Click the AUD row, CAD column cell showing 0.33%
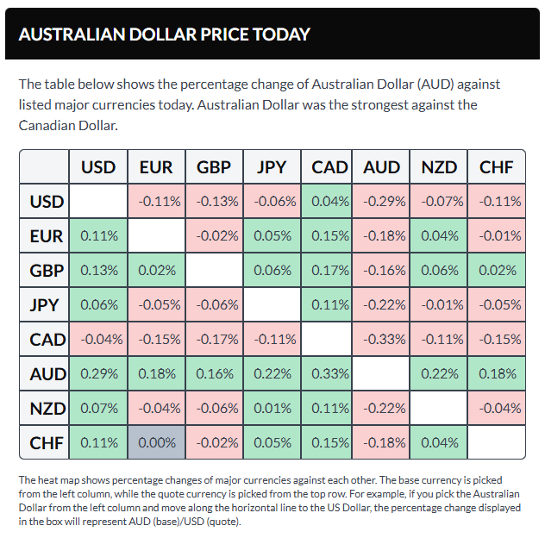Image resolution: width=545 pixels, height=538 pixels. [x=329, y=373]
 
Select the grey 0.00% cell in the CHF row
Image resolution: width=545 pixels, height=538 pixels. [x=156, y=442]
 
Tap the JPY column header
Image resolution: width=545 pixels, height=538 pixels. [x=272, y=166]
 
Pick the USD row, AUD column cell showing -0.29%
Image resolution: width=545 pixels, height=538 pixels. [x=380, y=201]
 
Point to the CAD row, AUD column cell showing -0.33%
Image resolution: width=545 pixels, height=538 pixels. [x=380, y=339]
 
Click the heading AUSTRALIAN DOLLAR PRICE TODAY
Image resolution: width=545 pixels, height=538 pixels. [x=164, y=34]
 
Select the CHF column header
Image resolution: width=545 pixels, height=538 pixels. [x=496, y=166]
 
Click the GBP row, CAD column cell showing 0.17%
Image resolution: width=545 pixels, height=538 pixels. [x=329, y=270]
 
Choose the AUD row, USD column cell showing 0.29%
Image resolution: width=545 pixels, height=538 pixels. [x=98, y=373]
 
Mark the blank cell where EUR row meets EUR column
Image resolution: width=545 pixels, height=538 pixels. [x=156, y=235]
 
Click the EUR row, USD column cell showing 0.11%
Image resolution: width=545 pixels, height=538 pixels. [x=98, y=235]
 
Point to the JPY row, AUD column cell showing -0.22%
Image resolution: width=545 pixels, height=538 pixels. [x=380, y=304]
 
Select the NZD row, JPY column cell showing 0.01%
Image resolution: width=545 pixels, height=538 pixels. [x=272, y=408]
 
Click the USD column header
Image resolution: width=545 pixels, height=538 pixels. [x=98, y=166]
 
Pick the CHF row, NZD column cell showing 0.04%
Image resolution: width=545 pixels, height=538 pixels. [x=438, y=442]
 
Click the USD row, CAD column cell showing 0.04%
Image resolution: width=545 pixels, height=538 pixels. [x=329, y=201]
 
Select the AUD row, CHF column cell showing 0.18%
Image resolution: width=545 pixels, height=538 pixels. [x=496, y=373]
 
